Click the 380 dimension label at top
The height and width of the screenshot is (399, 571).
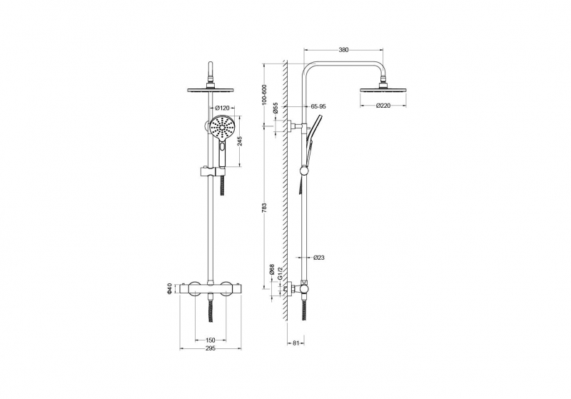click(x=343, y=50)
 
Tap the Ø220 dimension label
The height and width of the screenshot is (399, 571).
click(x=383, y=106)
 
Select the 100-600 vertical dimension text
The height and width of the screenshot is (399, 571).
click(x=265, y=96)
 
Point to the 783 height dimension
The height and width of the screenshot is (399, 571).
click(x=265, y=207)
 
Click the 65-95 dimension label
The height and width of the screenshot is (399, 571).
click(x=318, y=106)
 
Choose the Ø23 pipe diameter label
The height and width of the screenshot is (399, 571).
click(x=318, y=258)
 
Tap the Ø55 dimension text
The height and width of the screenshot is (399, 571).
click(x=276, y=108)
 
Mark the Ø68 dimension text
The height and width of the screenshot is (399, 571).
click(x=272, y=269)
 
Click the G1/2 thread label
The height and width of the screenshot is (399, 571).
click(x=280, y=273)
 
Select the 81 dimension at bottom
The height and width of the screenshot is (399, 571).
click(x=295, y=343)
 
